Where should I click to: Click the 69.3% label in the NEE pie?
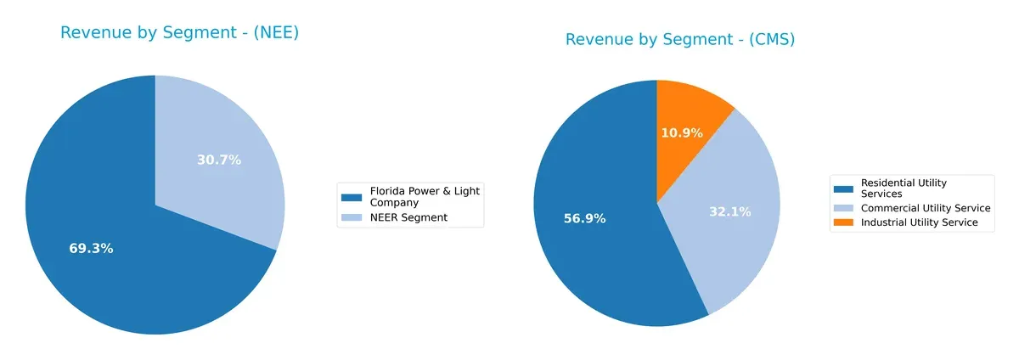click(x=91, y=249)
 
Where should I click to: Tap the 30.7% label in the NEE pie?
click(x=219, y=160)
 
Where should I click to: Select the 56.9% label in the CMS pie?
click(x=584, y=218)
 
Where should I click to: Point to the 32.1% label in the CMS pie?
click(x=730, y=211)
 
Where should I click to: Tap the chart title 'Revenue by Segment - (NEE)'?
click(x=179, y=33)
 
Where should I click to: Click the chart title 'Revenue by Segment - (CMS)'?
click(x=679, y=40)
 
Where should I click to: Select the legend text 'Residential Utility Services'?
click(x=904, y=188)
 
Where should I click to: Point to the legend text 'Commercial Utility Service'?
click(x=926, y=208)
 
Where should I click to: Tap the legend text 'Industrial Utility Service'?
click(x=920, y=222)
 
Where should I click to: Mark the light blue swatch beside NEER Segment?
click(x=351, y=218)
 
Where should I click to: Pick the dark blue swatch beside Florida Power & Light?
click(x=351, y=197)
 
